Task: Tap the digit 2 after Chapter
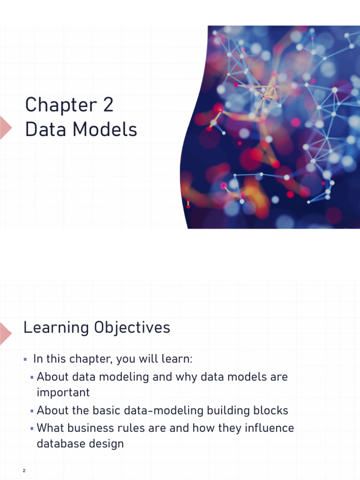tap(107, 105)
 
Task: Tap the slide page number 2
tap(23, 470)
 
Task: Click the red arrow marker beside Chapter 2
tap(5, 127)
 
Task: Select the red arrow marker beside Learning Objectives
tap(5, 333)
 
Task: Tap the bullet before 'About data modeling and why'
tap(32, 377)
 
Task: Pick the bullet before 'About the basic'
tap(32, 411)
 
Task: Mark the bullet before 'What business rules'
tap(32, 428)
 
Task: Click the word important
tap(63, 393)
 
